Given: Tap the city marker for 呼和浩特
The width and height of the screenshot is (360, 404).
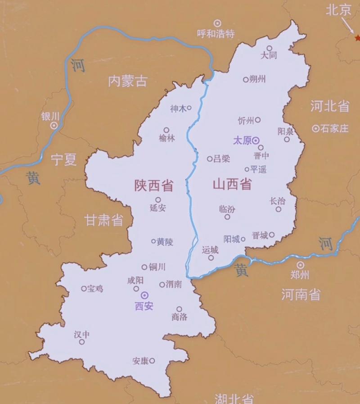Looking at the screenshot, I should click(x=217, y=23).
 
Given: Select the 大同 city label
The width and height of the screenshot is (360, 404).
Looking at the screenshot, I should click(x=269, y=55).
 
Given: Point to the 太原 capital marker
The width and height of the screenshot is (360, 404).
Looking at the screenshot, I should click(x=256, y=140).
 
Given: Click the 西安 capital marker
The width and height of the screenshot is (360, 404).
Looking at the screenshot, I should click(x=144, y=295).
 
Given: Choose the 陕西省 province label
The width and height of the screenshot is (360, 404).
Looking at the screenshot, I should click(x=154, y=185).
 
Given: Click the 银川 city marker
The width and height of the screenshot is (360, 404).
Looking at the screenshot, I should click(x=54, y=126).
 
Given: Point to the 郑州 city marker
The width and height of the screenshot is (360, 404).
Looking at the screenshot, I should click(x=300, y=265).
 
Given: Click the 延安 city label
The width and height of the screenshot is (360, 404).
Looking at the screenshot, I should click(x=157, y=208).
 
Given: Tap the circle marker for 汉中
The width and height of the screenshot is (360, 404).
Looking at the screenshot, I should click(x=82, y=342).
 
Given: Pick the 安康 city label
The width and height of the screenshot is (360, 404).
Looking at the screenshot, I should click(x=140, y=361).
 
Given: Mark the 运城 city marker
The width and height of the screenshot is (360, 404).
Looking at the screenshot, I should click(x=211, y=258).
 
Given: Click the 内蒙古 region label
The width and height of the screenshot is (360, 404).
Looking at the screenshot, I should click(x=128, y=81).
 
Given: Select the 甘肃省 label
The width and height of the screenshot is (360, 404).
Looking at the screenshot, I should click(x=104, y=220).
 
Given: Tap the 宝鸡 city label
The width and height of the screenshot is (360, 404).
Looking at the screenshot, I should click(x=95, y=288).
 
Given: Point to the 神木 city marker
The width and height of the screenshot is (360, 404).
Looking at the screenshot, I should click(x=189, y=108).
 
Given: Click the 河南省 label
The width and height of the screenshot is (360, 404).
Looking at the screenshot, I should click(x=301, y=295).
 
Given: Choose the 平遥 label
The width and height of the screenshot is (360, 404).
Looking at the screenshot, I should click(x=258, y=169).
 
